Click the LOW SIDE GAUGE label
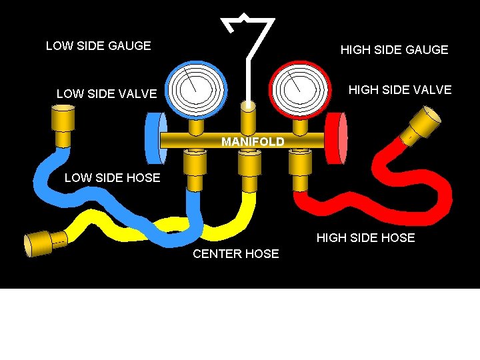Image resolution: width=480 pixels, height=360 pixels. coord(98,46)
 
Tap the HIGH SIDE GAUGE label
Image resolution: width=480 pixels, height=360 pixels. coord(394,50)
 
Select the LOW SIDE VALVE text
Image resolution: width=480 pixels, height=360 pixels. coord(107,94)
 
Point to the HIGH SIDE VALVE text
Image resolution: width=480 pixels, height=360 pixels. coord(400,90)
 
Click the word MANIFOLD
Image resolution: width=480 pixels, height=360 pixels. coord(253,142)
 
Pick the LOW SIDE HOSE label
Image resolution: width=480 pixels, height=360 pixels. coord(112,177)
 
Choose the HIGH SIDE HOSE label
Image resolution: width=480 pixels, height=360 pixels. coord(365,238)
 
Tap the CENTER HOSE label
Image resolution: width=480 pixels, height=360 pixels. coord(235,254)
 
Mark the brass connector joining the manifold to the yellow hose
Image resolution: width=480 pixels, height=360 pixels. coord(249,171)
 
